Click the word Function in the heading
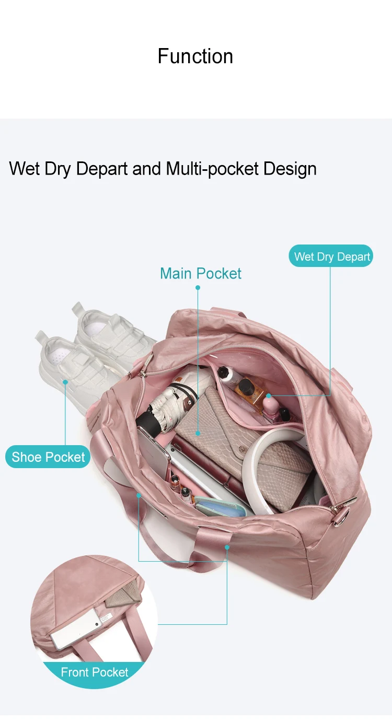click(195, 56)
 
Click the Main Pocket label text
click(201, 273)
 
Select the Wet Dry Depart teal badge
click(331, 257)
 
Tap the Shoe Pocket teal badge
click(48, 457)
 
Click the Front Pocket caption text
click(95, 672)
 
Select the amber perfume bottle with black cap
click(246, 389)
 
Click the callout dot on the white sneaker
click(65, 382)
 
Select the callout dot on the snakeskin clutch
click(198, 433)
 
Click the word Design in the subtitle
click(290, 169)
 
